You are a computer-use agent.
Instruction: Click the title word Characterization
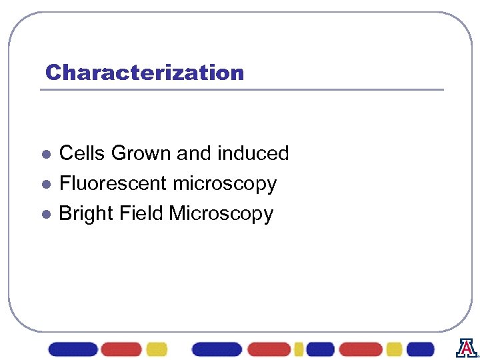[x=144, y=72]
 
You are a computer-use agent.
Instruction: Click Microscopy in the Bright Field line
[x=221, y=214]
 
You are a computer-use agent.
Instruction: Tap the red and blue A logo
[x=466, y=348]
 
